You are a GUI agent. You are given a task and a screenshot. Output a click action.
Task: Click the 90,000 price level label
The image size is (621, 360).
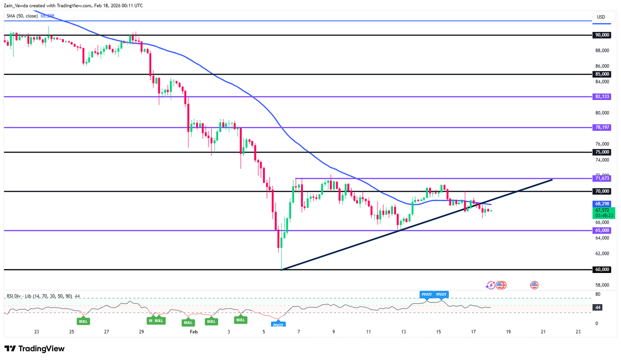pyautogui.click(x=602, y=35)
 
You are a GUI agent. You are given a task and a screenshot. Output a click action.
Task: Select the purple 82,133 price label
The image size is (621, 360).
pyautogui.click(x=602, y=96)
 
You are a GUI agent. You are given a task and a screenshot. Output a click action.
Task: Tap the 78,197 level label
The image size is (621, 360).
pyautogui.click(x=602, y=127)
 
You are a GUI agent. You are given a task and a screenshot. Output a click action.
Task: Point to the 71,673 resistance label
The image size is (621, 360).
pyautogui.click(x=602, y=178)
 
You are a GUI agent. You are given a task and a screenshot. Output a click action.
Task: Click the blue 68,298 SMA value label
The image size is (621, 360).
pyautogui.click(x=602, y=204)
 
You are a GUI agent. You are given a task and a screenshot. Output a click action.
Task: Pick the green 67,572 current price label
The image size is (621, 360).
pyautogui.click(x=602, y=210)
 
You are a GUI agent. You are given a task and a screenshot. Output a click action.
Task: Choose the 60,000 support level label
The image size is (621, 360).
pyautogui.click(x=602, y=269)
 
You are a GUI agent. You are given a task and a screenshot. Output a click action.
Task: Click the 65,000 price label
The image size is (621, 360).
pyautogui.click(x=602, y=230)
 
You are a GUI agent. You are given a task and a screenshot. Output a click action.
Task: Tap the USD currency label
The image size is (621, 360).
pyautogui.click(x=601, y=17)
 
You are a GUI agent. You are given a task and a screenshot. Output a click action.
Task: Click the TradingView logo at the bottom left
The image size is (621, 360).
pyautogui.click(x=35, y=349)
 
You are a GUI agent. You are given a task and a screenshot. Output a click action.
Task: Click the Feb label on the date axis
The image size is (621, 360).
pyautogui.click(x=193, y=332)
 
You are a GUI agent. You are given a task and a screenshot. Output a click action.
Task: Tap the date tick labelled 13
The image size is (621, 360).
pyautogui.click(x=403, y=332)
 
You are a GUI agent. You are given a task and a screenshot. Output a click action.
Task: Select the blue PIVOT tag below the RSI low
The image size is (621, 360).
pyautogui.click(x=279, y=325)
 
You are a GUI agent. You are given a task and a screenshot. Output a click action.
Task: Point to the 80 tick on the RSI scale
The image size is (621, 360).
pyautogui.click(x=598, y=294)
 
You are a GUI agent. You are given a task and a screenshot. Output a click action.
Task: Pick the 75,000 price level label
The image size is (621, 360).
pyautogui.click(x=602, y=152)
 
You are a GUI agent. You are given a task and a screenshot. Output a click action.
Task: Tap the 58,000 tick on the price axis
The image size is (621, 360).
pyautogui.click(x=602, y=285)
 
